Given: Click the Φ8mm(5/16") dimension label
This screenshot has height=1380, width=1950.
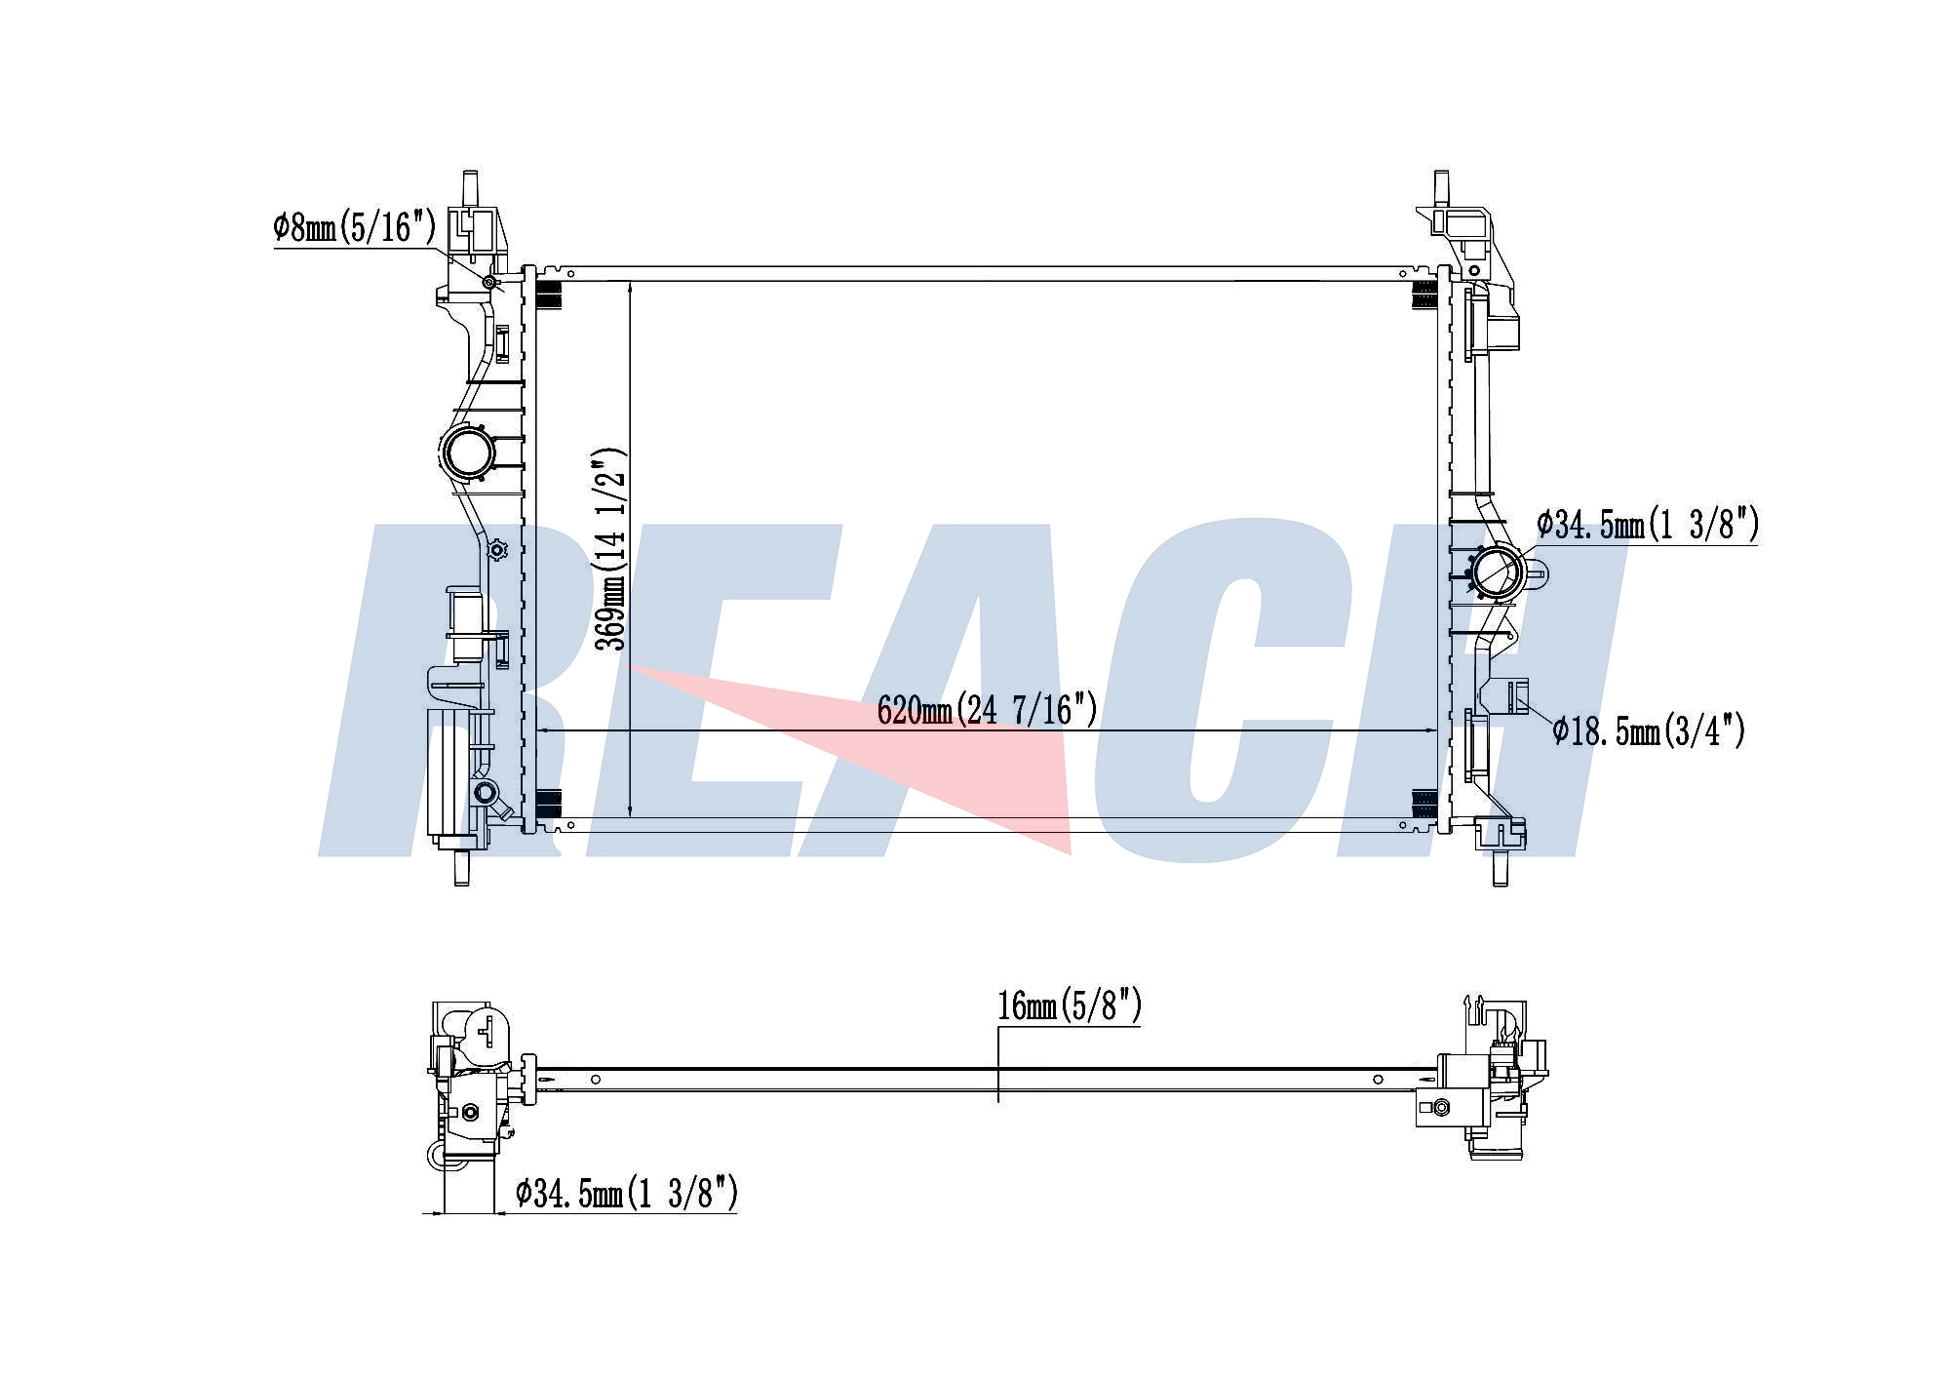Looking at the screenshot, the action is pyautogui.click(x=354, y=228).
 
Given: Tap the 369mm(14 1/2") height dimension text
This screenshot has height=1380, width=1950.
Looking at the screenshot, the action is pyautogui.click(x=610, y=549).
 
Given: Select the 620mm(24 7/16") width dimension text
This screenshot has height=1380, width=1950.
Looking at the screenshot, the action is pyautogui.click(x=987, y=709).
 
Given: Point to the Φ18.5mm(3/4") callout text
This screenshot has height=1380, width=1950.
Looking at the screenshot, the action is pyautogui.click(x=1649, y=729).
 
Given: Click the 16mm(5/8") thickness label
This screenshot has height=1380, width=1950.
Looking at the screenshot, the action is pyautogui.click(x=1069, y=1005).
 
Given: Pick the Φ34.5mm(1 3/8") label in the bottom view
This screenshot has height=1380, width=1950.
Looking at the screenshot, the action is pyautogui.click(x=626, y=1192).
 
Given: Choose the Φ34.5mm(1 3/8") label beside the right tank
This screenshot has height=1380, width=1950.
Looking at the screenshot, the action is pyautogui.click(x=1648, y=525).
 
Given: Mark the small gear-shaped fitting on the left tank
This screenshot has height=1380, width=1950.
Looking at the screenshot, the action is pyautogui.click(x=497, y=550).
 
